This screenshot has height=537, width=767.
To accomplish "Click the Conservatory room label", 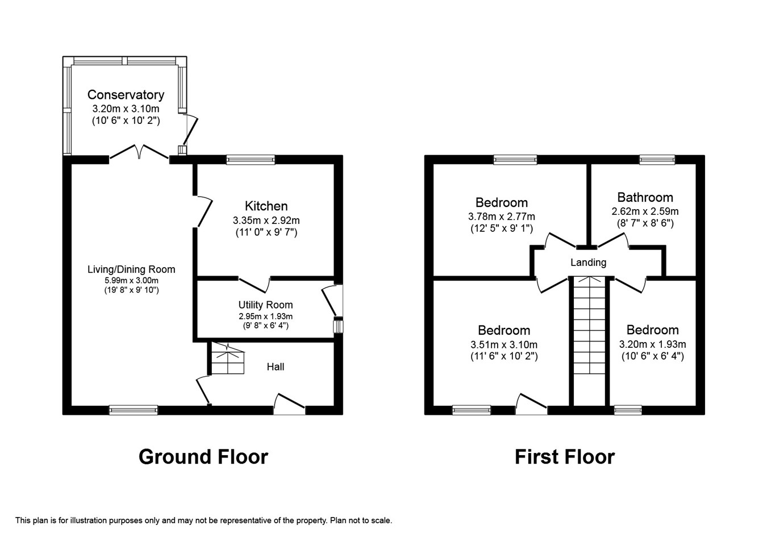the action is coord(126,94).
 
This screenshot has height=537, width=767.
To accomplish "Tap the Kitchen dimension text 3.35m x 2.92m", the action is coord(266,220).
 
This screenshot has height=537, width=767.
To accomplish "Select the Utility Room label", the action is coord(265,305).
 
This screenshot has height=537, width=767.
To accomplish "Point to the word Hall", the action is coord(276,367).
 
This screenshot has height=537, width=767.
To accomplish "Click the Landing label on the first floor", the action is coord(588,263).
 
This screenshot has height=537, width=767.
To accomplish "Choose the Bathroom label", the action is coord(645,197).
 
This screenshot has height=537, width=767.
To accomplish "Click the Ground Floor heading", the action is coord(203,457).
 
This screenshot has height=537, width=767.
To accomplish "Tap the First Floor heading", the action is coord(565,457).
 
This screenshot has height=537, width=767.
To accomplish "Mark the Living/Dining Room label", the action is coord(131,269).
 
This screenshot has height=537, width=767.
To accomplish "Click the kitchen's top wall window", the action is coord(251,160).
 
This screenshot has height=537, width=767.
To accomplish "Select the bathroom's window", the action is coord(657,160).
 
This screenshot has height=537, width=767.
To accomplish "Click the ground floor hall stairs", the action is coord(228,358).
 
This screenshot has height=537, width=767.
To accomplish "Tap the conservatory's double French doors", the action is coord(139,152).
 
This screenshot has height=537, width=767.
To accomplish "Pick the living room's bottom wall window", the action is coord(134,410).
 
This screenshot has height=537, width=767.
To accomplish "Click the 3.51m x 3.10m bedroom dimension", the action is coord(504,344).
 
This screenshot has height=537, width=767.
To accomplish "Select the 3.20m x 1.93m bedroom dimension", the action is coord(653,344).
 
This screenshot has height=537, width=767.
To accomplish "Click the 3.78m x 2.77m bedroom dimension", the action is coord(502,217).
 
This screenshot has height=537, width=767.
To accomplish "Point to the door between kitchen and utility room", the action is coord(254,285).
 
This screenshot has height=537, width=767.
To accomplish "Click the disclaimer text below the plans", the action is coord(204,521).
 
